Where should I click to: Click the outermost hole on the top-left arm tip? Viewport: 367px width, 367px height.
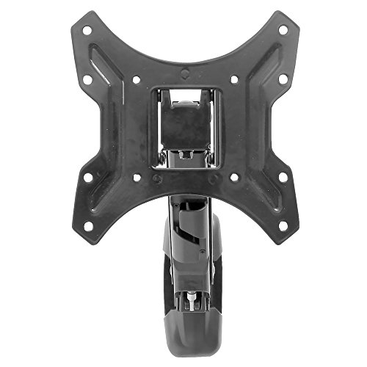[x=87, y=31]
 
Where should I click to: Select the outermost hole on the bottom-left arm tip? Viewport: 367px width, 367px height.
[x=86, y=225]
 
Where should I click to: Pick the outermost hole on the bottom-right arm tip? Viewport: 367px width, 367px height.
[x=281, y=225]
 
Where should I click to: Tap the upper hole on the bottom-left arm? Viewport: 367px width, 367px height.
[x=87, y=177]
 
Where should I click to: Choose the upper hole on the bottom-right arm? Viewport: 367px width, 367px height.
[x=281, y=177]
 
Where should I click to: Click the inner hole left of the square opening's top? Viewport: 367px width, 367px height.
[x=134, y=79]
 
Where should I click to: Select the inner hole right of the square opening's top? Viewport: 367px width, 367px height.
[x=233, y=79]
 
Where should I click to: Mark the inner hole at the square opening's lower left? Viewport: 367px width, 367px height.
[x=134, y=177]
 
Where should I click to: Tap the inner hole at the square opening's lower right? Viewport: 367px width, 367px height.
[x=233, y=177]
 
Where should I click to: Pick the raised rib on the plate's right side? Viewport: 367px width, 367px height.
[x=257, y=128]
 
